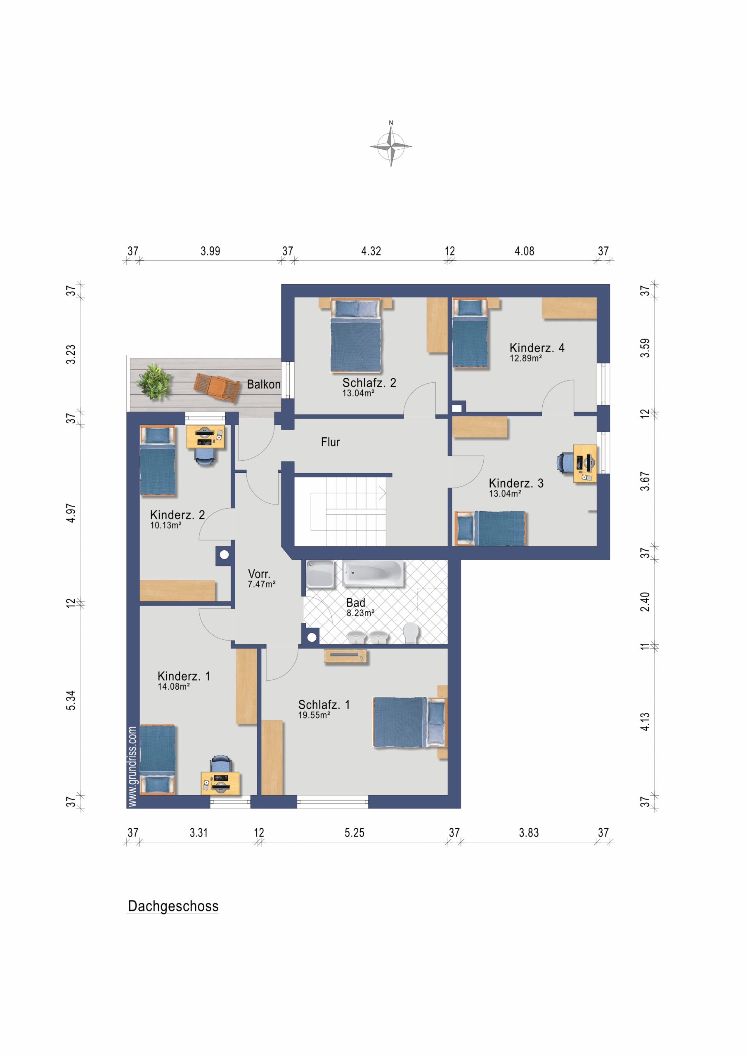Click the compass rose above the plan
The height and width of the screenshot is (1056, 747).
point(391,146)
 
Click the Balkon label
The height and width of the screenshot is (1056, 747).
point(263,384)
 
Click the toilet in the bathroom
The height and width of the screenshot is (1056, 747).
point(411,632)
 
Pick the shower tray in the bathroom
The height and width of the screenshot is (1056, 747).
point(320,573)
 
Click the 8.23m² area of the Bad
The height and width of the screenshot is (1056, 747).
point(360,613)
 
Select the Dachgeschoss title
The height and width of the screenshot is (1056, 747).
point(173,906)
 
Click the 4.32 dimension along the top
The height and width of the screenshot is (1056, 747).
point(371,251)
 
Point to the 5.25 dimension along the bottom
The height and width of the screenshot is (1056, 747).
point(355,832)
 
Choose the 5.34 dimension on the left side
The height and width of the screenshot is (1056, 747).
point(71,700)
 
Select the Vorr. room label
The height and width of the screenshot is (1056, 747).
point(259,574)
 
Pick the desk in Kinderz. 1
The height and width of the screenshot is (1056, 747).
point(220,783)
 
